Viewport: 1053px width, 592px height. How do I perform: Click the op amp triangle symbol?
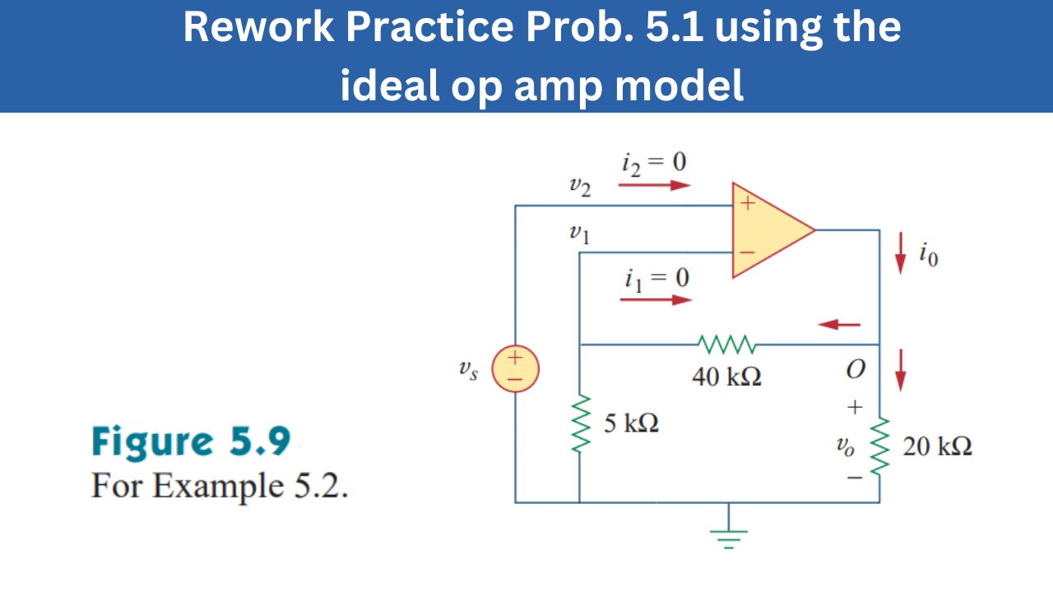(769, 230)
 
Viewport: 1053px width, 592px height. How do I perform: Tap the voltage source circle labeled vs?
(515, 368)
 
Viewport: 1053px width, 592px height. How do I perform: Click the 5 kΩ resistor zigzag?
(580, 423)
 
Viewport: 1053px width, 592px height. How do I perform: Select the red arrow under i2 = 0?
(654, 185)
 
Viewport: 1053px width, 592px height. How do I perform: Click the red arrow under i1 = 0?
(656, 299)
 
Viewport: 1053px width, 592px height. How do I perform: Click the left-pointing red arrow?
(839, 326)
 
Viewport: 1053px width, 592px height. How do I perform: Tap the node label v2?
(580, 187)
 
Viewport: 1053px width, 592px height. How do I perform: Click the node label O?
(856, 371)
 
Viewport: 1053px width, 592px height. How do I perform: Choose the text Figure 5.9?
(191, 442)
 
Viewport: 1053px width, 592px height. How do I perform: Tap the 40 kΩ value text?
(727, 377)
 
